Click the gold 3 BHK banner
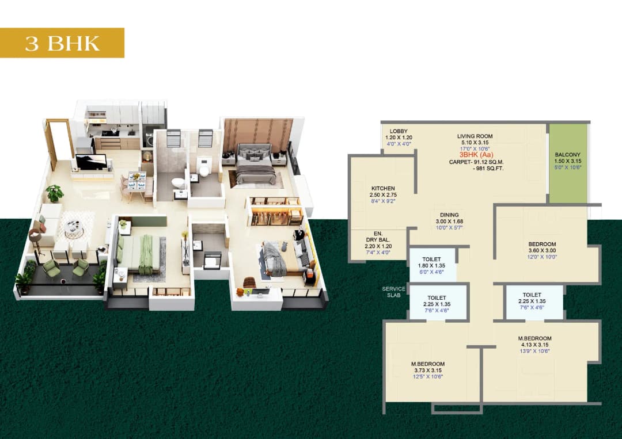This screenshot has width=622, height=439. click(x=62, y=43)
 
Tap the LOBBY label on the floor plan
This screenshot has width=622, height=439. click(x=398, y=132)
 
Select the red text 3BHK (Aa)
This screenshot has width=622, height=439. click(x=476, y=155)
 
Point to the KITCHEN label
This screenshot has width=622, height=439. click(x=383, y=188)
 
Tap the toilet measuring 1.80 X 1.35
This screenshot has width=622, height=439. click(x=431, y=266)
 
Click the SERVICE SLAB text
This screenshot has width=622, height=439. click(x=393, y=292)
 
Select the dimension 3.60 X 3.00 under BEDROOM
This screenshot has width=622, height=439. click(x=542, y=251)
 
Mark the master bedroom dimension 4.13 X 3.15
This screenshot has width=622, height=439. click(x=536, y=345)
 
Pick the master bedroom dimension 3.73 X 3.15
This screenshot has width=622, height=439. click(x=427, y=371)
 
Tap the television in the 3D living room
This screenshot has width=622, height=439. click(x=91, y=162)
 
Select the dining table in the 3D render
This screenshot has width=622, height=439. click(x=136, y=181)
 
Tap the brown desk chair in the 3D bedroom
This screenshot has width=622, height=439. click(x=249, y=283)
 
